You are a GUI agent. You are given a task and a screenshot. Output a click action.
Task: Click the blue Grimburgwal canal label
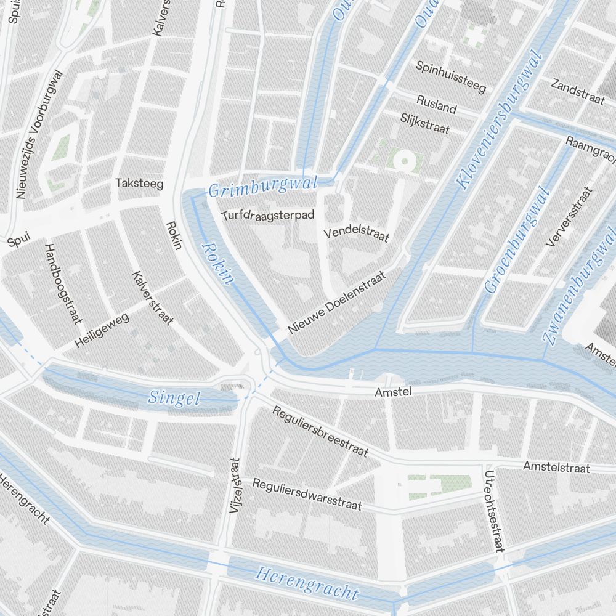(263, 187)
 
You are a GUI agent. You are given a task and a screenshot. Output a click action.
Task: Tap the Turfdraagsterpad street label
(269, 215)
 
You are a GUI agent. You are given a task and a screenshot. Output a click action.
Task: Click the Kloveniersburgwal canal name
(498, 120)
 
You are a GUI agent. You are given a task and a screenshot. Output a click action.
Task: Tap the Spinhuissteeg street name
(451, 76)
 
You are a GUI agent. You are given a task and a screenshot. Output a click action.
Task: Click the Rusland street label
(437, 105)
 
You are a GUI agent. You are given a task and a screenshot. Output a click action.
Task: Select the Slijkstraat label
(425, 123)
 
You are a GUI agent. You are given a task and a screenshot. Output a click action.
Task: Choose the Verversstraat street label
(569, 217)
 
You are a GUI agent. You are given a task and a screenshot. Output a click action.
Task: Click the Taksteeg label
(131, 183)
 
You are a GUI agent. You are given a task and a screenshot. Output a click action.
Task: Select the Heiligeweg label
(102, 330)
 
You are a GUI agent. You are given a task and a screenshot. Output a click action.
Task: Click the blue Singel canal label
(174, 399)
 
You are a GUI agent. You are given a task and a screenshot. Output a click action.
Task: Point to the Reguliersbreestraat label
(320, 432)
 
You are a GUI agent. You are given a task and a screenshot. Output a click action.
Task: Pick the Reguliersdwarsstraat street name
(307, 495)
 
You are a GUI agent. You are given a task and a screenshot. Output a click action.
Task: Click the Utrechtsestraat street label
(494, 511)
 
